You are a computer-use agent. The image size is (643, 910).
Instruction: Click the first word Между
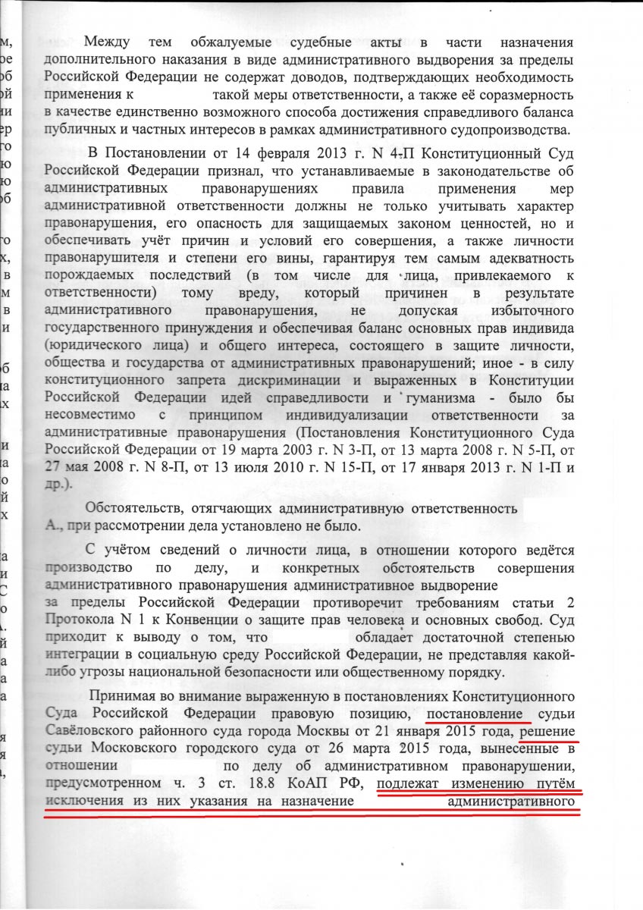coord(107,42)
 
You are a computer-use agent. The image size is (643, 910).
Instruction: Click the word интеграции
coord(85,655)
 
